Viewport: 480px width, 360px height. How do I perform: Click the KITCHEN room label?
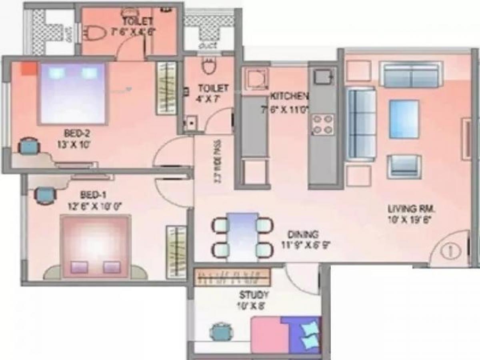[x=289, y=96]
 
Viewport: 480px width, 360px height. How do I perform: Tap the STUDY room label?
[x=254, y=296]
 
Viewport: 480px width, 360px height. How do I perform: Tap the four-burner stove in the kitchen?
[x=322, y=124]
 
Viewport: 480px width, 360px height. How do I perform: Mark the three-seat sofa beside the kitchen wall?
[x=361, y=124]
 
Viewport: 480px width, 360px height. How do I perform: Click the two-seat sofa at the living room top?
[x=411, y=74]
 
